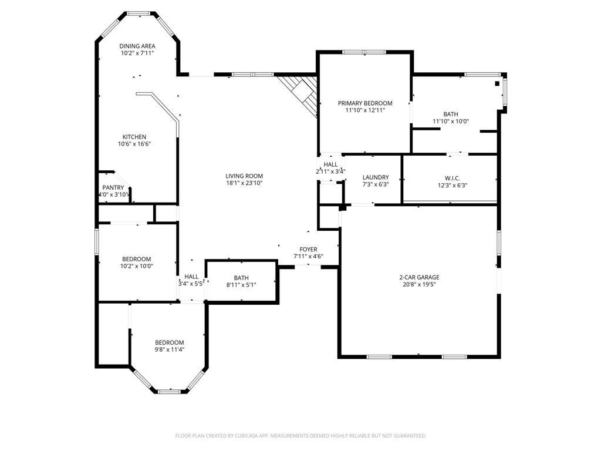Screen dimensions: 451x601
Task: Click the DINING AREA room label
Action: (137, 46)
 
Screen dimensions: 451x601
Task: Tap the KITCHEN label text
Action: (134, 137)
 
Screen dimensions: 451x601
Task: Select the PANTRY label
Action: (113, 188)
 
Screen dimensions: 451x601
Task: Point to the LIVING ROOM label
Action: (244, 176)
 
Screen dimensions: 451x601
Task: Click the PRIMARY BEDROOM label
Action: (365, 103)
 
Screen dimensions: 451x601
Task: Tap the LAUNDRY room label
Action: (376, 177)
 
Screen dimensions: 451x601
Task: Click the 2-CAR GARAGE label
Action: (419, 277)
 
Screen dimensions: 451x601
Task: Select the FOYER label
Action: (308, 249)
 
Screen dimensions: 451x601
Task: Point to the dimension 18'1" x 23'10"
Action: (244, 183)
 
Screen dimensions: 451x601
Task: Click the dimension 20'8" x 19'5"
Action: (419, 284)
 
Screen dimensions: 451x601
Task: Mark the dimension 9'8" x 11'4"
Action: (170, 349)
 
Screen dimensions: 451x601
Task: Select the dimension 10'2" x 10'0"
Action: (137, 266)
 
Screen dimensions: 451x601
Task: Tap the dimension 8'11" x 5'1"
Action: (241, 285)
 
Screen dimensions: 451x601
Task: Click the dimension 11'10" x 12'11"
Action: (365, 110)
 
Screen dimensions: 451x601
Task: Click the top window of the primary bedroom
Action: (364, 52)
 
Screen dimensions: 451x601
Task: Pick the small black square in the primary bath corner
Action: (497, 83)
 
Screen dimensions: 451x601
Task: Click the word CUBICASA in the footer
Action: (254, 436)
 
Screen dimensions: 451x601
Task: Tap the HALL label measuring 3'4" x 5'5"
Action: (191, 277)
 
